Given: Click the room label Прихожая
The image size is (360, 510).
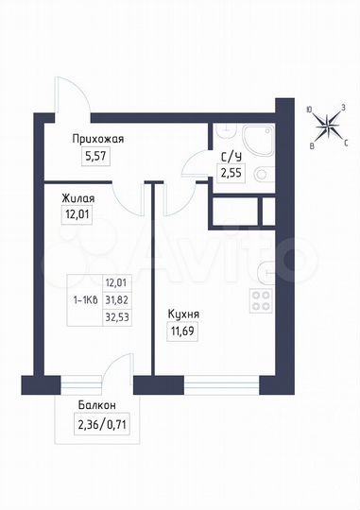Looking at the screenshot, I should pos(99,139).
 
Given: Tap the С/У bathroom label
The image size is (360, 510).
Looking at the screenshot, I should pos(229,157).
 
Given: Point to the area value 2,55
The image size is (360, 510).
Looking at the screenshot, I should pos(230,173).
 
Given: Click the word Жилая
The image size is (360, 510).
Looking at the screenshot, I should pos(77,199).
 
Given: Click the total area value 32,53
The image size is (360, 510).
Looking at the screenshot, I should pos(117,316).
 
